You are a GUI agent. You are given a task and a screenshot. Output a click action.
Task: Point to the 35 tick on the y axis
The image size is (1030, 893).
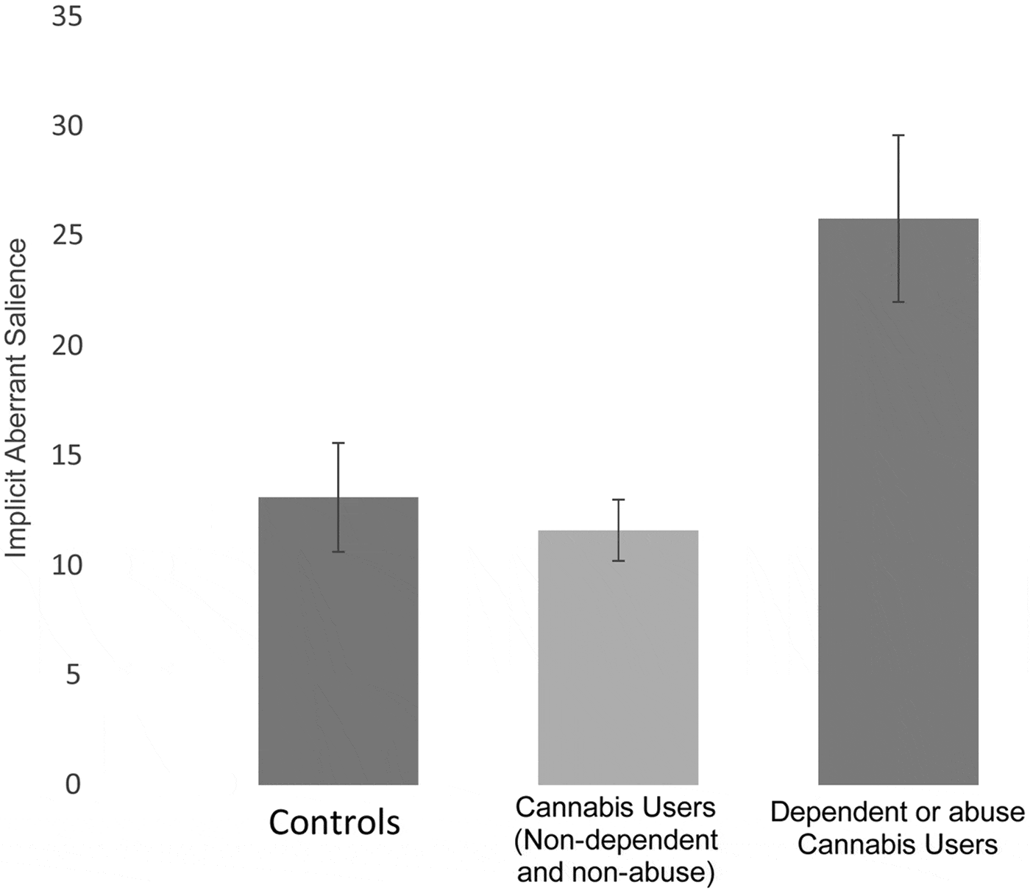[66, 17]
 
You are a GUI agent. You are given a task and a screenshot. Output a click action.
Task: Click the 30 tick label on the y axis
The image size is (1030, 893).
[66, 127]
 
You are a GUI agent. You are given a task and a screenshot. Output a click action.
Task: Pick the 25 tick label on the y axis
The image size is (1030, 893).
[66, 236]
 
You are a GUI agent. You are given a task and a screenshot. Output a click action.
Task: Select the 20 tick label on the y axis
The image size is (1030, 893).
[66, 346]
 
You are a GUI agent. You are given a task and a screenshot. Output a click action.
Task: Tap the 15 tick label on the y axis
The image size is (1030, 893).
[66, 456]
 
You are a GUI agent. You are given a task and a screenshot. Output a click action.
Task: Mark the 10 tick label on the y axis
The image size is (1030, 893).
[66, 566]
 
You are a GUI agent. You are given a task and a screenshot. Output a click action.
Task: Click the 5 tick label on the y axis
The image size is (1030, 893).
[73, 675]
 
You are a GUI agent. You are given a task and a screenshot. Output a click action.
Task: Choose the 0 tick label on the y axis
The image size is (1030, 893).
[73, 785]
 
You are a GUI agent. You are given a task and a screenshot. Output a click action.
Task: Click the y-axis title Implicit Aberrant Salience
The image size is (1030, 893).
[16, 398]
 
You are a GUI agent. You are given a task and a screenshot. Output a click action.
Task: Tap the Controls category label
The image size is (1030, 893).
[335, 822]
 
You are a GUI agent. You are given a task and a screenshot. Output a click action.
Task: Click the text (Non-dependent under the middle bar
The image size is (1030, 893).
[617, 840]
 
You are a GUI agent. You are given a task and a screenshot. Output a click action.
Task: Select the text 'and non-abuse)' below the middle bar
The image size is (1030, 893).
[617, 872]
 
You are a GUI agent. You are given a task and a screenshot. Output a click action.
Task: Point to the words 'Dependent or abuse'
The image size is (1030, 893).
[898, 812]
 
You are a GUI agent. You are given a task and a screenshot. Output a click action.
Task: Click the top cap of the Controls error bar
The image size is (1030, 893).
[338, 443]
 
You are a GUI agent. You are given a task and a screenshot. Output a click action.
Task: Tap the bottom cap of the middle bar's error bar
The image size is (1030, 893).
[619, 561]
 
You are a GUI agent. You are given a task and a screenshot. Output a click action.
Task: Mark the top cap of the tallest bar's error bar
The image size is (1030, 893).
[898, 135]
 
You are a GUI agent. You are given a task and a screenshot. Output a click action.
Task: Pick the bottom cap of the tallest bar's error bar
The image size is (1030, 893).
[898, 302]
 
